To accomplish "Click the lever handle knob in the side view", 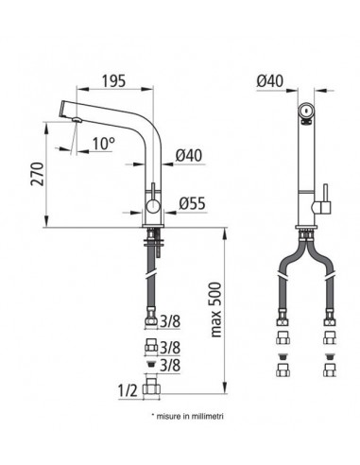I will (155, 203).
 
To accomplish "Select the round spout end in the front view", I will (304, 110).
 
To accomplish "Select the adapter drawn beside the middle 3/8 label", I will (152, 346).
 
